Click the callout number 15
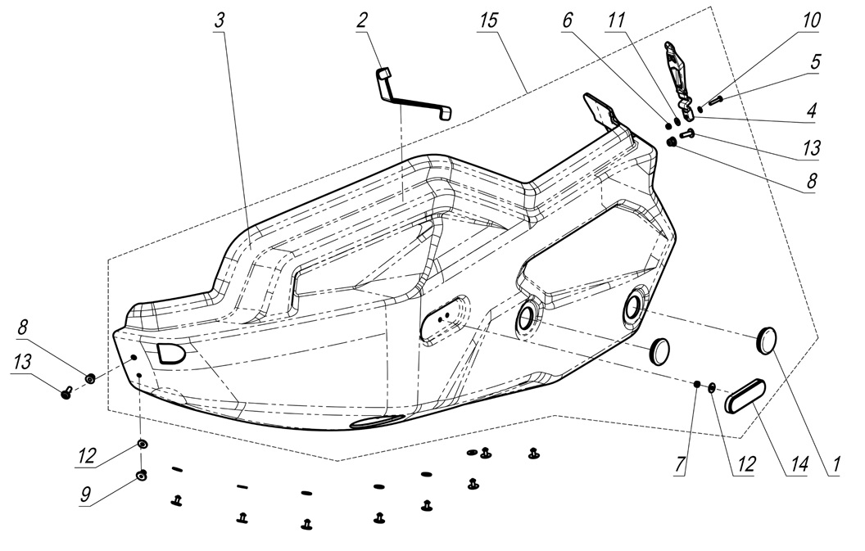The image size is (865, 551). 488,21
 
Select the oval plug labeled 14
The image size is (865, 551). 746,395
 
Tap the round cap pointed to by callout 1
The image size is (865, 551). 769,339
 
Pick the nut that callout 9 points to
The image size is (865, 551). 142,475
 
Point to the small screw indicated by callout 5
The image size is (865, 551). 714,100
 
